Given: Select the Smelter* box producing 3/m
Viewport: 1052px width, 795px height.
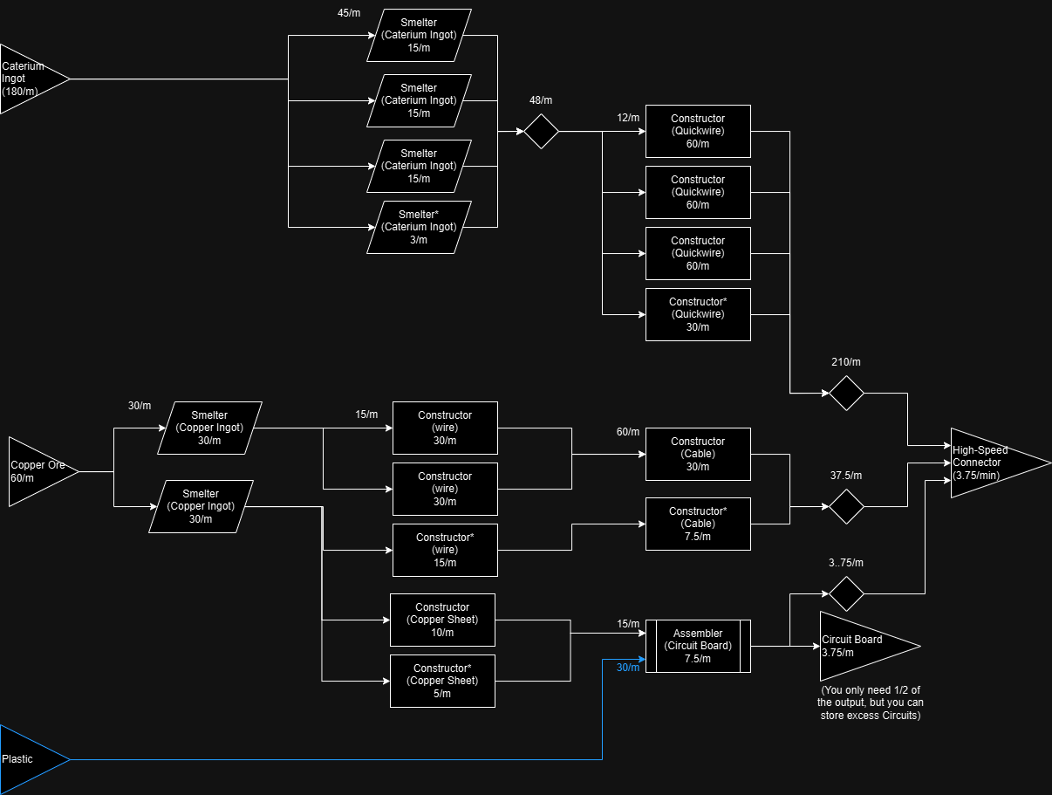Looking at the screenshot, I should pos(419,227).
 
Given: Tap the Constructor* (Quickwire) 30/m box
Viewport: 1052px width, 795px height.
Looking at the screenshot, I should pos(698,314).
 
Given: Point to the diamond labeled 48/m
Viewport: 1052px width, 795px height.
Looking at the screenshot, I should pos(541,131).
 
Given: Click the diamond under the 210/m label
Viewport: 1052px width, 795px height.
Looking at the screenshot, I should pos(846,393).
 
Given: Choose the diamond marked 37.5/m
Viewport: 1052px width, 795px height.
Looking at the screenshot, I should pos(846,506).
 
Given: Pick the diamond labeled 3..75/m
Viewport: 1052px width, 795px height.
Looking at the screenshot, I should pos(846,593).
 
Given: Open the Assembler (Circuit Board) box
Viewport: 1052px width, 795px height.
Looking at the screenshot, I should pos(698,646).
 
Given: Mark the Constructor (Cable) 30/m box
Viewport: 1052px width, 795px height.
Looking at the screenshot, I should pos(698,454).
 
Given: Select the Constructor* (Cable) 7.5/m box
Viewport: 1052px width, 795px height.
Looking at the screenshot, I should pos(698,524).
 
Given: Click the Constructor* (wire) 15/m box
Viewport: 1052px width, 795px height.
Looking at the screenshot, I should pos(445,550).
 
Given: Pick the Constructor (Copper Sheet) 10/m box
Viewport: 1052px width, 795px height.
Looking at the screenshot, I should pos(442,620).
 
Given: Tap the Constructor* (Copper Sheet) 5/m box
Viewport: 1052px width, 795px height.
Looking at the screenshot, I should pos(442,681).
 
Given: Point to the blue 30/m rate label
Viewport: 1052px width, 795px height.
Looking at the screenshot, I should pos(628,668).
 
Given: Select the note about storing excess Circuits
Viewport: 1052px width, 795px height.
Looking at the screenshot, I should pos(870,703).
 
